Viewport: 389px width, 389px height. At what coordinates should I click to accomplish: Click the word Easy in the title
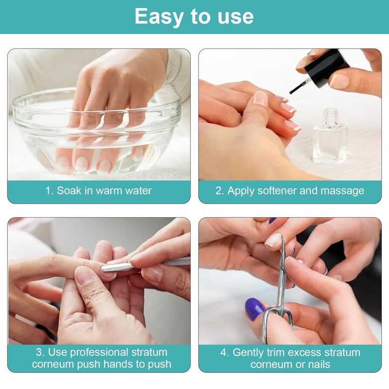click(x=159, y=17)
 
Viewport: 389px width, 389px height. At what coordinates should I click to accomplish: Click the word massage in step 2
click(x=342, y=191)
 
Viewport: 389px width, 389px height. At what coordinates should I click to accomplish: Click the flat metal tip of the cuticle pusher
click(x=115, y=267)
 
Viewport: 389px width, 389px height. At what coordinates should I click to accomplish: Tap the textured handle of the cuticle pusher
click(x=176, y=261)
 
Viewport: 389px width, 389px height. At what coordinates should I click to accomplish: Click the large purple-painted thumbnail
click(x=255, y=309)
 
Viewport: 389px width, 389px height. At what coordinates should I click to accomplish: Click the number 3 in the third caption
click(x=39, y=353)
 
